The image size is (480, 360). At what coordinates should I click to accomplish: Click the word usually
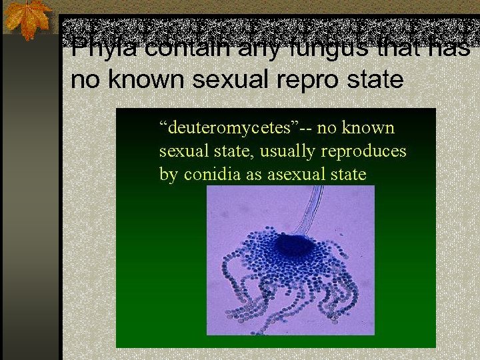click(x=288, y=151)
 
